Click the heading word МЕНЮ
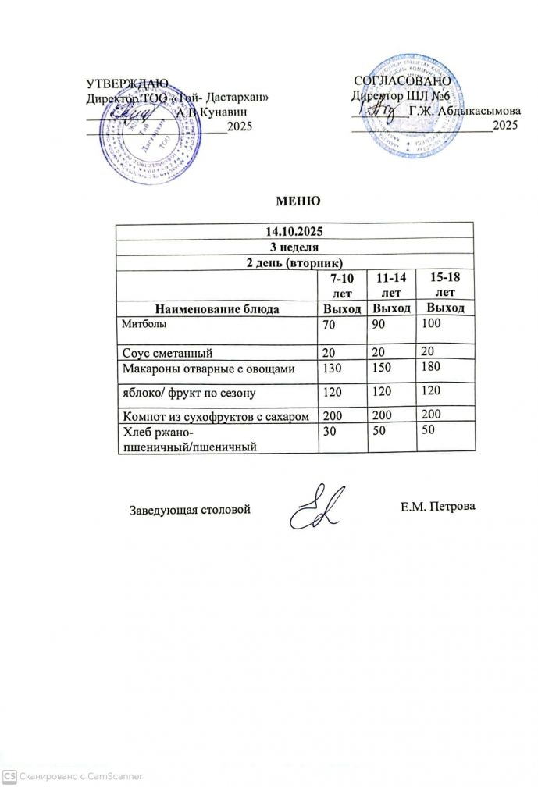click(x=298, y=201)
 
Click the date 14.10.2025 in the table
click(x=294, y=232)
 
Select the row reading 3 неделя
click(x=294, y=247)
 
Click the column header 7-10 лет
click(x=342, y=286)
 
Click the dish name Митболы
click(x=144, y=322)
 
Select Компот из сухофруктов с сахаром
click(x=216, y=415)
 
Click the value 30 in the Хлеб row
click(x=332, y=433)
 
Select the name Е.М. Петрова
click(x=437, y=507)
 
